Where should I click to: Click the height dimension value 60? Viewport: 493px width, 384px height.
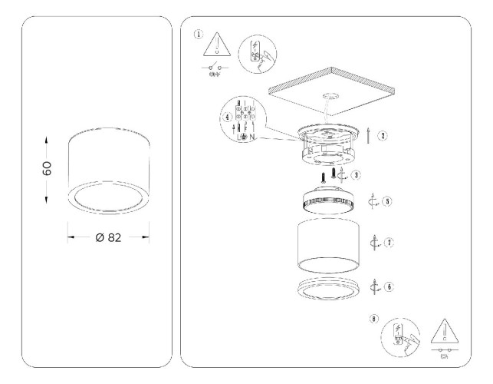pyautogui.click(x=47, y=169)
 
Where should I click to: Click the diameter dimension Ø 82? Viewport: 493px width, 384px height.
pyautogui.click(x=109, y=237)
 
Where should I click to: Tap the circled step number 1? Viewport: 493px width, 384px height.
pyautogui.click(x=199, y=34)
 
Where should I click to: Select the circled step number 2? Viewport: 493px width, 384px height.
pyautogui.click(x=383, y=135)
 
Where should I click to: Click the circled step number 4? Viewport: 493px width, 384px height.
pyautogui.click(x=227, y=118)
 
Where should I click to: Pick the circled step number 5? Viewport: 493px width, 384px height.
pyautogui.click(x=388, y=202)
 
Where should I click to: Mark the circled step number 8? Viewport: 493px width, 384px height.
pyautogui.click(x=373, y=318)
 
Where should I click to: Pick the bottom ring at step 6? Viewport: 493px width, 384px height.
pyautogui.click(x=329, y=290)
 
